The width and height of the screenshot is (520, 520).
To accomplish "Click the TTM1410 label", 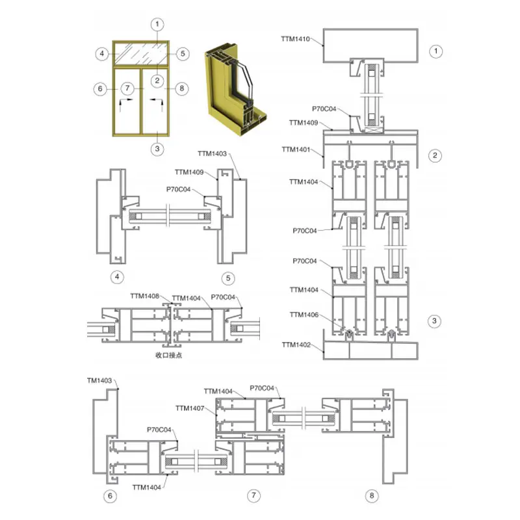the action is pos(295,39).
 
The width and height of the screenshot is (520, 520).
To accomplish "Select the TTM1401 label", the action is pos(296,149).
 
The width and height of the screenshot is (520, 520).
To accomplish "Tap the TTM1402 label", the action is pos(296,345).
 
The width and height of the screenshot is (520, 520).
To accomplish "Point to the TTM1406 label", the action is pos(304,315).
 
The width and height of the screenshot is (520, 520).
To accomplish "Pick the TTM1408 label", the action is pos(144,296).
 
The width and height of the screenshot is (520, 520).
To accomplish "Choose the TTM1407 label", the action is pos(190,408).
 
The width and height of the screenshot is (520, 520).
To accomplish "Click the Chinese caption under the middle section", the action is pos(169,355).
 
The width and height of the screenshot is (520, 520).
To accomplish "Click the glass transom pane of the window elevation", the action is pos(141,54).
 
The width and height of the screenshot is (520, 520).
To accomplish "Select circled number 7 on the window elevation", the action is pos(127,88).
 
